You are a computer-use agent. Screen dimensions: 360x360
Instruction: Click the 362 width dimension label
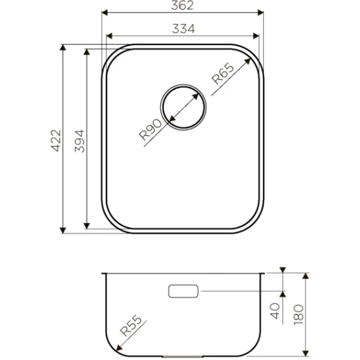coord(183,5)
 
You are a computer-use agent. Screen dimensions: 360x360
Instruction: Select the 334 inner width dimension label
coord(183,29)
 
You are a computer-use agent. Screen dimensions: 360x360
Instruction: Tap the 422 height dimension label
coord(56,141)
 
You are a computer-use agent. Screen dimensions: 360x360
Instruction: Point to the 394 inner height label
coord(80,141)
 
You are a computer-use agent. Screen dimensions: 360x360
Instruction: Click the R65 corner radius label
coord(222,74)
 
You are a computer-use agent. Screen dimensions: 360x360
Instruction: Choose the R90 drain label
coord(150,129)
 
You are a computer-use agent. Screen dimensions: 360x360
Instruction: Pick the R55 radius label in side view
coord(131,325)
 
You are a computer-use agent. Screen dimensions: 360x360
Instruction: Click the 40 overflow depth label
coord(275,311)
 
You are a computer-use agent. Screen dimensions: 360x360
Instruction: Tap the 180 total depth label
coord(299,314)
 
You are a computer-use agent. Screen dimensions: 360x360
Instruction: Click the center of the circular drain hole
coord(183,107)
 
